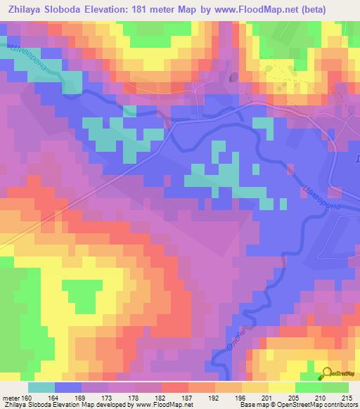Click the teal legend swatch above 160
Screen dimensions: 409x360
click(x=41, y=387)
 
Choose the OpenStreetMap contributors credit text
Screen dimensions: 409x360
click(x=316, y=405)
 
